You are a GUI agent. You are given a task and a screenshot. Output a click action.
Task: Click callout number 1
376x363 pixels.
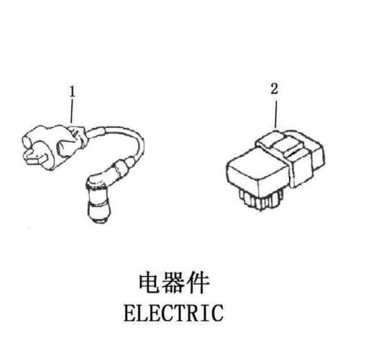[x=73, y=92]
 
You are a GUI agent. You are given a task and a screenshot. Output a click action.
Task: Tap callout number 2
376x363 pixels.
[x=274, y=88]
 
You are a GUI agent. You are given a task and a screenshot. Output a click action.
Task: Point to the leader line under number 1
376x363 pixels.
[x=71, y=112]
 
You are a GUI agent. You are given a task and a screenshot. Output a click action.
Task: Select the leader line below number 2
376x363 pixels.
[x=276, y=114]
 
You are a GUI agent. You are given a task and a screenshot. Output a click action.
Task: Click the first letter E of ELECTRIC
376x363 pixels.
[x=130, y=313]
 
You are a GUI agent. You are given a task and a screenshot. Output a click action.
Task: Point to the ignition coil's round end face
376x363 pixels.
[x=27, y=141]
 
